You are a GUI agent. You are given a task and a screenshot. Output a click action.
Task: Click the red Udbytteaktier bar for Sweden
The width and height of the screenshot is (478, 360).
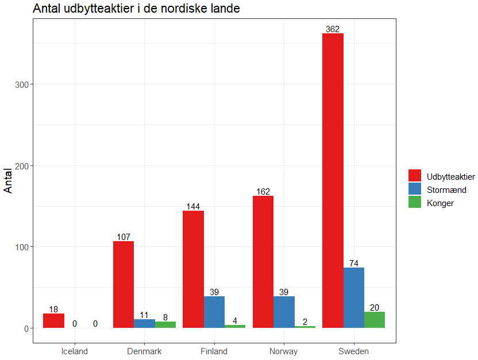(x=333, y=181)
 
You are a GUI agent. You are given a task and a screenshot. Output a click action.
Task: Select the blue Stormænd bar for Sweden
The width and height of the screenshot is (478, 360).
(x=354, y=298)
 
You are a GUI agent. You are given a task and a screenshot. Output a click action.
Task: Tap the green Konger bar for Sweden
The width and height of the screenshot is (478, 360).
(x=375, y=320)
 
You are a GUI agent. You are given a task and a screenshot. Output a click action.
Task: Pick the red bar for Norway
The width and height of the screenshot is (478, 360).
(x=263, y=262)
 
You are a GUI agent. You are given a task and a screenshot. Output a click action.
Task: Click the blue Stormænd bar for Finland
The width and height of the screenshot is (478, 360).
(x=214, y=312)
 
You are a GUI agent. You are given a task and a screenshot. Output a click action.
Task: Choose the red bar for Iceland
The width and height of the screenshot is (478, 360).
(x=53, y=321)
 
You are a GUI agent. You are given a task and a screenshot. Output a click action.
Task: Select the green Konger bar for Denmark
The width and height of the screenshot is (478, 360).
(x=165, y=325)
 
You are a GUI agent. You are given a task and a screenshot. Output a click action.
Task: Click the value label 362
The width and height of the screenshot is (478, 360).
(x=333, y=29)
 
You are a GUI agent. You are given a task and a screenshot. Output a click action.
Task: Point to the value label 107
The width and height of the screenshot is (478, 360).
(x=124, y=237)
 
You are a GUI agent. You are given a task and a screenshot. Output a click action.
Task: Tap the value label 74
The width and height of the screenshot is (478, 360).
(x=354, y=264)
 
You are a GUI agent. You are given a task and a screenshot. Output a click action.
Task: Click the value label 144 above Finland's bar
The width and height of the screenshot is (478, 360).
(x=193, y=207)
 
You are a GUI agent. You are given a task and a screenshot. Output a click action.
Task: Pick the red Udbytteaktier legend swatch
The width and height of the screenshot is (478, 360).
(x=415, y=176)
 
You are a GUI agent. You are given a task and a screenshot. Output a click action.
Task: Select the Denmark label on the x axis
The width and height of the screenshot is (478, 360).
(x=144, y=351)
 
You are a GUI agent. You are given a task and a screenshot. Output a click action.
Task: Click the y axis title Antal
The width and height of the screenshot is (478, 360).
(x=9, y=180)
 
